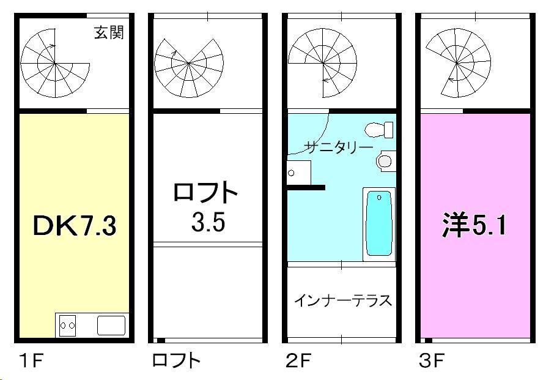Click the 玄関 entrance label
(109, 32)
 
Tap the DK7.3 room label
(75, 225)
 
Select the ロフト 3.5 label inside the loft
(206, 207)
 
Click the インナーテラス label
(343, 300)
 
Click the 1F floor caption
(31, 360)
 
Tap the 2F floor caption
(298, 360)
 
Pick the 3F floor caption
(432, 360)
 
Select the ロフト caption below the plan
(176, 360)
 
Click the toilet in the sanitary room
(379, 130)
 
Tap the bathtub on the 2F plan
(379, 225)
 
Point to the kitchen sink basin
(111, 326)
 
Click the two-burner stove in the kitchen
(67, 326)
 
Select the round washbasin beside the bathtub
(385, 161)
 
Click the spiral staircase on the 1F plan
(55, 63)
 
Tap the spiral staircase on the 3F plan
(457, 63)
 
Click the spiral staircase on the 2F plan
(323, 63)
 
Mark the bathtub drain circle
(379, 198)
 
